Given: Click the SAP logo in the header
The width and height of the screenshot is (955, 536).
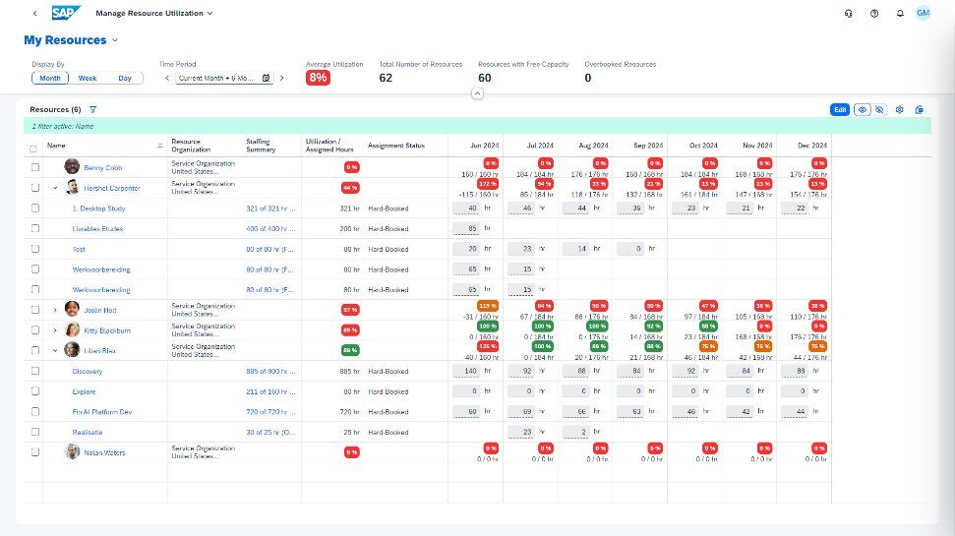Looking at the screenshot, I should click(x=67, y=13).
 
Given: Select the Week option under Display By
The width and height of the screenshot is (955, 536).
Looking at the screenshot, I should click(x=88, y=78).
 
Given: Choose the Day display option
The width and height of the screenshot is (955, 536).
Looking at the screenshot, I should click(x=125, y=78).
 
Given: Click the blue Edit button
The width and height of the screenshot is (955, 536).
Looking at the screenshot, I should click(x=840, y=110).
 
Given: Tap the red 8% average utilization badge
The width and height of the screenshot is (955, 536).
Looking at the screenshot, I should click(x=318, y=78).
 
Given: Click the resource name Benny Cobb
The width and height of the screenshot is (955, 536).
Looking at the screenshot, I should click(x=103, y=167).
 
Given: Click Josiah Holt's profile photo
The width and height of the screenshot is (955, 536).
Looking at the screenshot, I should click(x=72, y=309).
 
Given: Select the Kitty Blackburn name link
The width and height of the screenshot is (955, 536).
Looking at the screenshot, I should click(x=107, y=330).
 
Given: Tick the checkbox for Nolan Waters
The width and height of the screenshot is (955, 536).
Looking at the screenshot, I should click(x=34, y=452).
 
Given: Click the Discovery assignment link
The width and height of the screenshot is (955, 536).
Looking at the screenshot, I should click(x=88, y=372).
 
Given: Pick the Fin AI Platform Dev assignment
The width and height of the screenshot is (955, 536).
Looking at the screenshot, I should click(x=102, y=412).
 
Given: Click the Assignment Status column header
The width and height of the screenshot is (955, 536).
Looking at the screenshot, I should click(x=396, y=146).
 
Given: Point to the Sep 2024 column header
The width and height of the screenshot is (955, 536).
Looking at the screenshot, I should click(x=647, y=146).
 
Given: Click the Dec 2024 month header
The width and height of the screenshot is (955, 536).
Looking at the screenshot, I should click(x=811, y=146).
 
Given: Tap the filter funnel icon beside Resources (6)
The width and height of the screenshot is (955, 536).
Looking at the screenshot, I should click(x=92, y=110).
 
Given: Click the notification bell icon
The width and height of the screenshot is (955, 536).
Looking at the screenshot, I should click(x=899, y=13).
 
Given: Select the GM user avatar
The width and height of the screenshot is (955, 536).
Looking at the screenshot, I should click(x=923, y=13).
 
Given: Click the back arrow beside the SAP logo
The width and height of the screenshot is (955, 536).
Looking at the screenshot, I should click(x=35, y=13).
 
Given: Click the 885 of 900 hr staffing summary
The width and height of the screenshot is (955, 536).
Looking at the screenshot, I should click(x=269, y=372).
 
